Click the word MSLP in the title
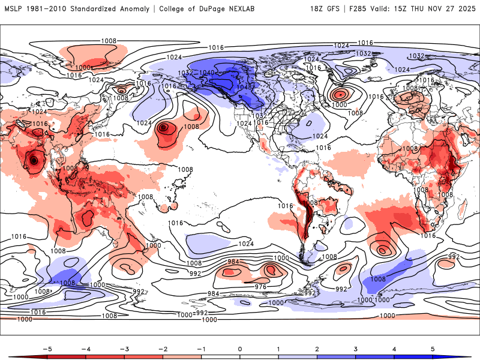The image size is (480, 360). [14, 9]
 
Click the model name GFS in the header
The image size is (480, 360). [336, 9]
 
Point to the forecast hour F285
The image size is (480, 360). [360, 9]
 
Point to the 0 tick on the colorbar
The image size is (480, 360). [240, 349]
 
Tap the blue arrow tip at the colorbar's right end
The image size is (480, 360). [469, 356]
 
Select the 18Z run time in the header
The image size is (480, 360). [318, 9]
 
